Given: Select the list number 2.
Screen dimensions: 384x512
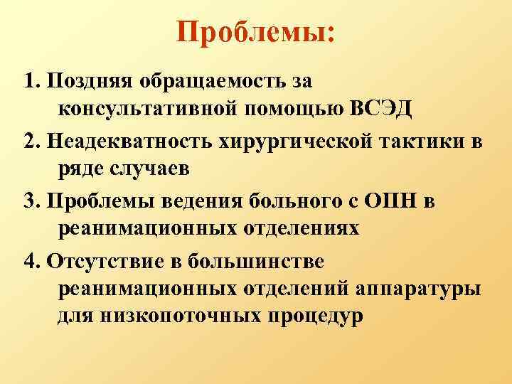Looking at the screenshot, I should click(28, 142).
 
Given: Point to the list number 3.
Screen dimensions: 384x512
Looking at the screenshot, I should click(28, 201).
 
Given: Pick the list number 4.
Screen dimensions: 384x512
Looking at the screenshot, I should click(28, 261).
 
